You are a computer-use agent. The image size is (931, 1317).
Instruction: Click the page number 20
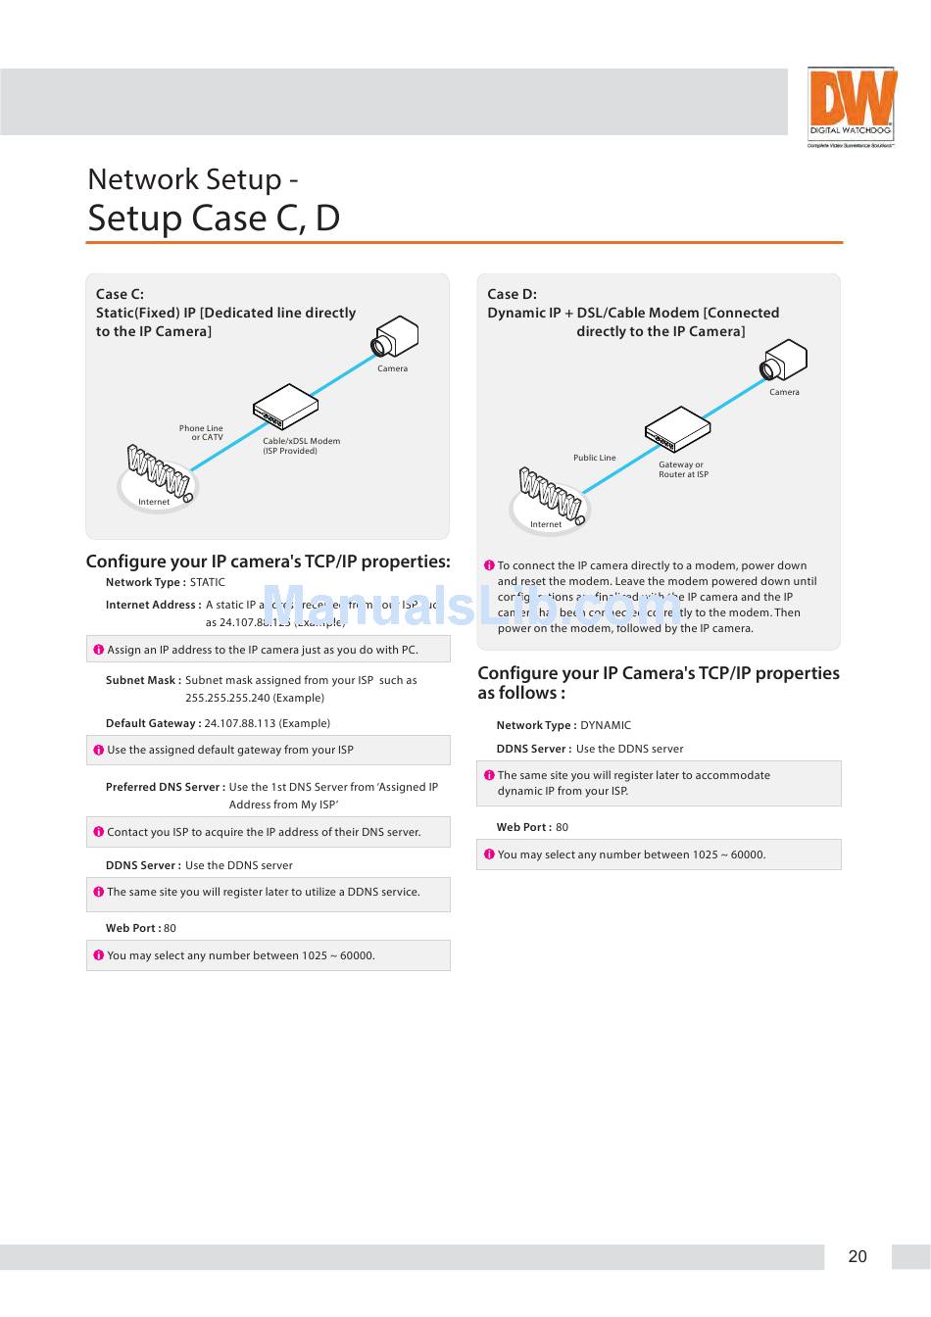[857, 1256]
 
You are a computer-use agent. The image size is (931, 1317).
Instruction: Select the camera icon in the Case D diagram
[784, 361]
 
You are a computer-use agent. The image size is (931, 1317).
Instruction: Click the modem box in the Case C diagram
[285, 406]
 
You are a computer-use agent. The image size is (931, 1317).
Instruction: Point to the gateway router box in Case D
[677, 429]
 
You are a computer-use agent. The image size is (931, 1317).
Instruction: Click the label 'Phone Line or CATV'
[201, 432]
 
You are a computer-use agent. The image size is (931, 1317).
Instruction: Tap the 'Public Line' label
[595, 458]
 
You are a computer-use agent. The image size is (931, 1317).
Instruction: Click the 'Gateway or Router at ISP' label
[683, 469]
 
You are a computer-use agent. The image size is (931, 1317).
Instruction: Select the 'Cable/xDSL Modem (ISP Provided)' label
[301, 446]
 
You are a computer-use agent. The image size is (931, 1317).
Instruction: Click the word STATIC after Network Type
[208, 582]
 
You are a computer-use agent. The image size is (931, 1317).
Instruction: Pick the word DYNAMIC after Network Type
[606, 725]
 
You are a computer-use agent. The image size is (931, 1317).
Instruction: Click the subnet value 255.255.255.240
[255, 698]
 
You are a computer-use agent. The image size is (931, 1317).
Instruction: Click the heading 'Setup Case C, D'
[214, 218]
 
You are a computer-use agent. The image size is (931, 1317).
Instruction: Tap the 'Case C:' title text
[120, 294]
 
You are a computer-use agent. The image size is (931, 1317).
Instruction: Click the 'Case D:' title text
[512, 294]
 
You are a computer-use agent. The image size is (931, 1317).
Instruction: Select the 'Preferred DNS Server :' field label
[165, 787]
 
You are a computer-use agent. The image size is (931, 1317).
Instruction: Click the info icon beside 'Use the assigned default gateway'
[98, 751]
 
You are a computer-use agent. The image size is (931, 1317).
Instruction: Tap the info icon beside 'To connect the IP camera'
[489, 565]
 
